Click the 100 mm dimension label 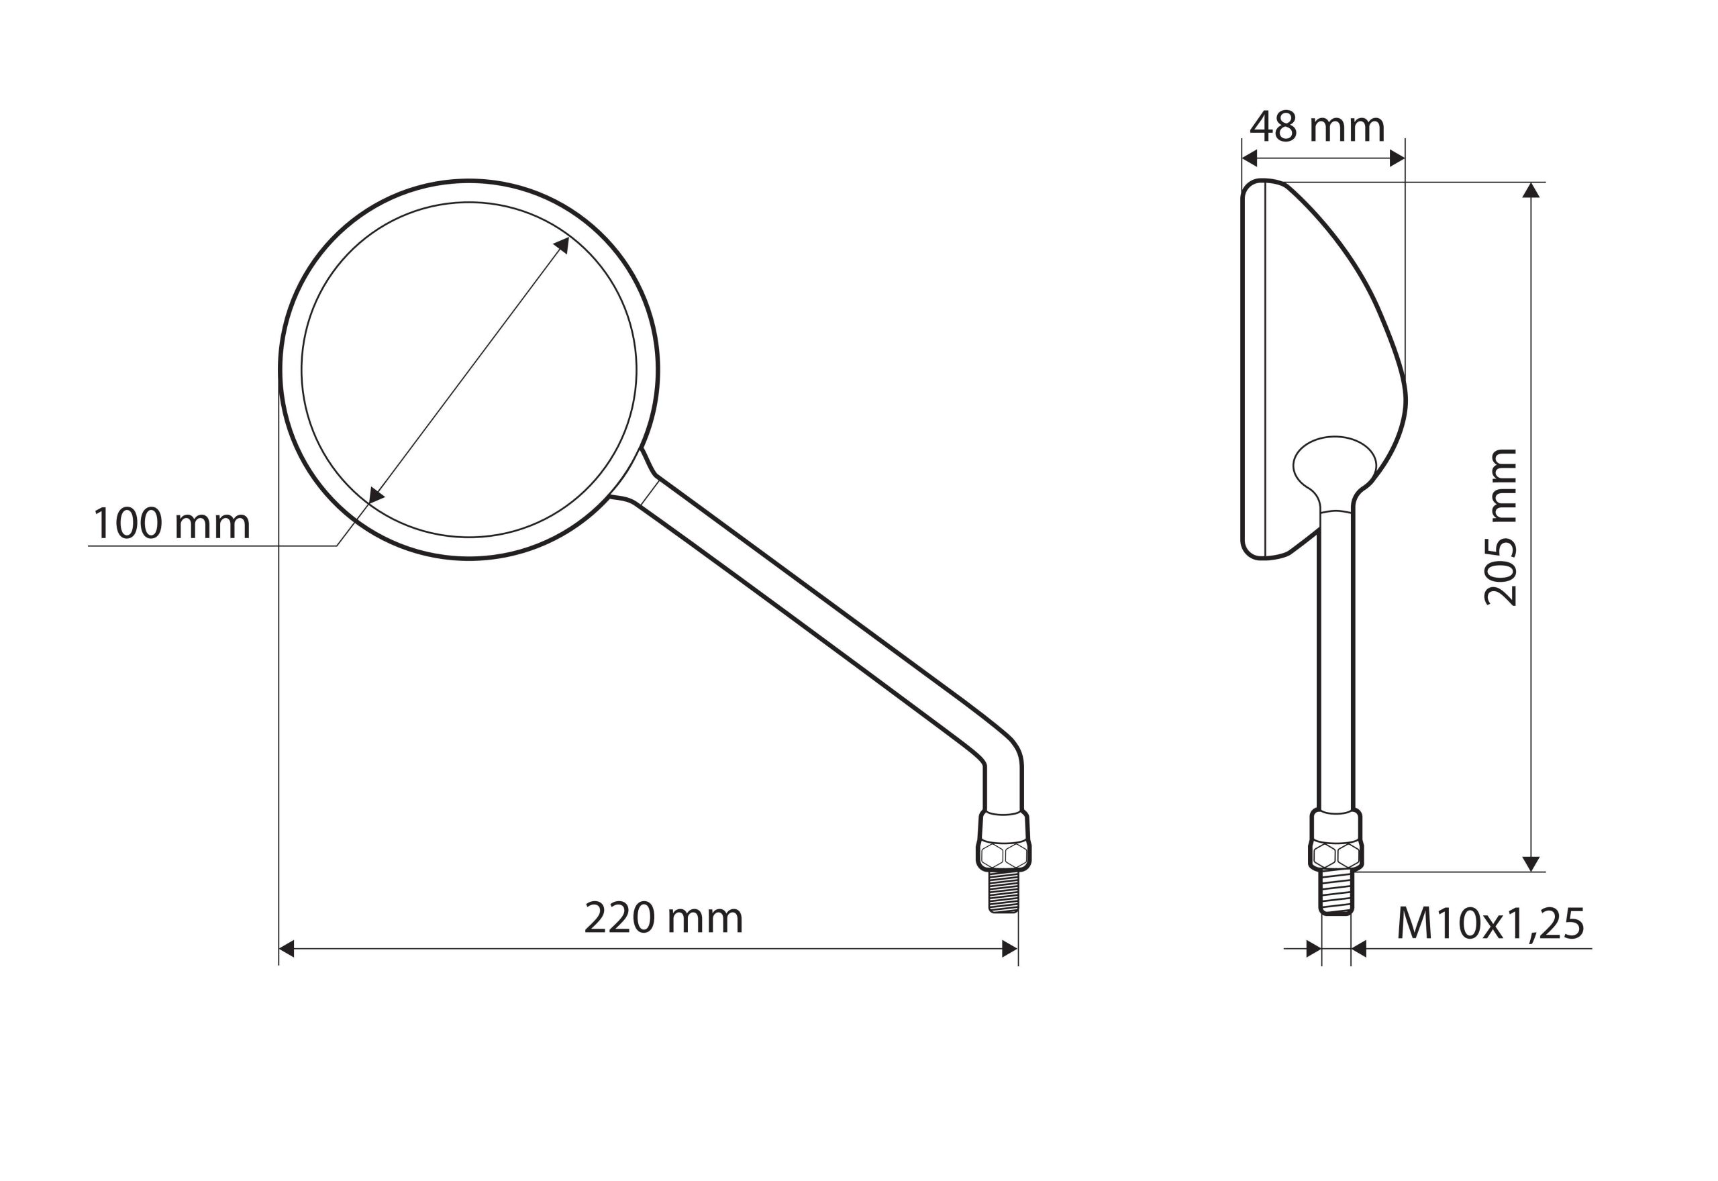pos(172,523)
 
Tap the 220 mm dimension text pos(664,919)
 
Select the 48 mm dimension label pos(1317,127)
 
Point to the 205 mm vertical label pos(1501,527)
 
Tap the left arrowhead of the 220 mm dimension pos(287,949)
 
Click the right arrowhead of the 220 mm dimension pos(1009,949)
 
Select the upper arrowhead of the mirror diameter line pos(562,244)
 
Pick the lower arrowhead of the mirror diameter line pos(376,496)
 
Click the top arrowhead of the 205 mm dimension pos(1531,190)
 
